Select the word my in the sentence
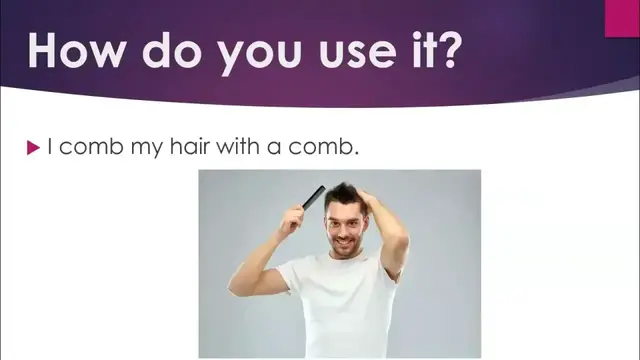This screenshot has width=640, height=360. click(156, 149)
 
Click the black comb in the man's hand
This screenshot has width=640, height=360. click(314, 197)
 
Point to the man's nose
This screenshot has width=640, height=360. click(345, 226)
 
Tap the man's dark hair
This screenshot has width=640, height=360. click(343, 193)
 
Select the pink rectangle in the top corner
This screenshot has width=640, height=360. click(622, 17)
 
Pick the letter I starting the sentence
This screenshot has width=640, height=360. click(50, 147)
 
